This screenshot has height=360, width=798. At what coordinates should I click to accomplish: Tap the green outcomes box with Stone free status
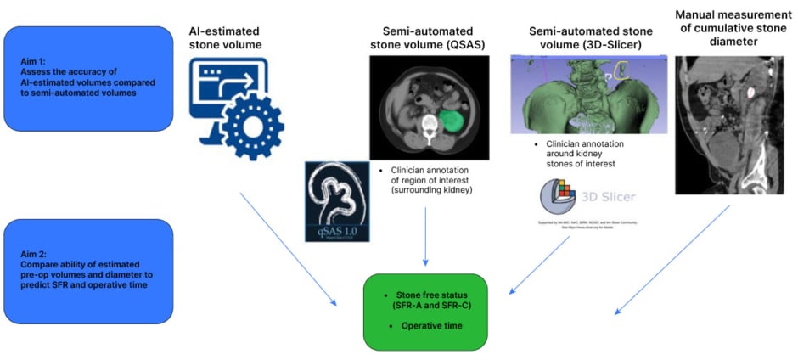click(425, 311)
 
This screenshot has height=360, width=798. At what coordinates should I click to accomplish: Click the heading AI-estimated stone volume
click(222, 37)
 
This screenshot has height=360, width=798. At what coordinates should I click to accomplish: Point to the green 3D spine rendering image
click(586, 93)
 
